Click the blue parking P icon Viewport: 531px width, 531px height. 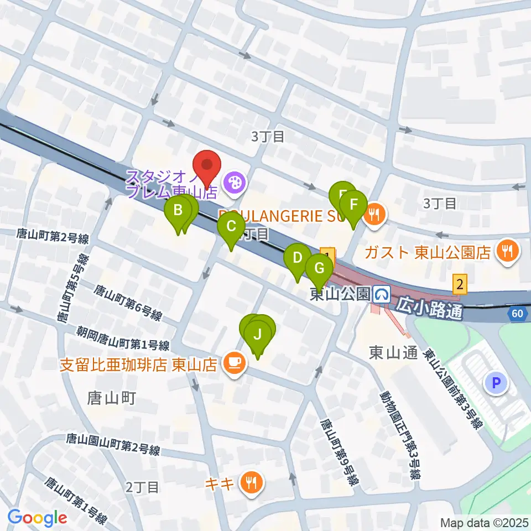pos(496,382)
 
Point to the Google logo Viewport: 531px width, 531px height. pos(37,518)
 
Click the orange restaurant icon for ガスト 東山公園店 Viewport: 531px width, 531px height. pos(507,252)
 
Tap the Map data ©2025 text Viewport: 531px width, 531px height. pos(485,522)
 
